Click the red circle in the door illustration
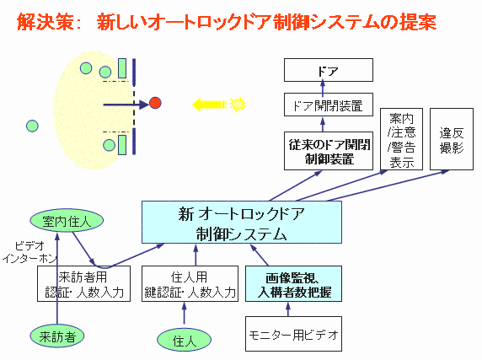(155, 103)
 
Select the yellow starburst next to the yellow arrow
(237, 104)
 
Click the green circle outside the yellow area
(31, 126)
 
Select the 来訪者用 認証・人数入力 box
(83, 284)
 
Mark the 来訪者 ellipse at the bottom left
(56, 335)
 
